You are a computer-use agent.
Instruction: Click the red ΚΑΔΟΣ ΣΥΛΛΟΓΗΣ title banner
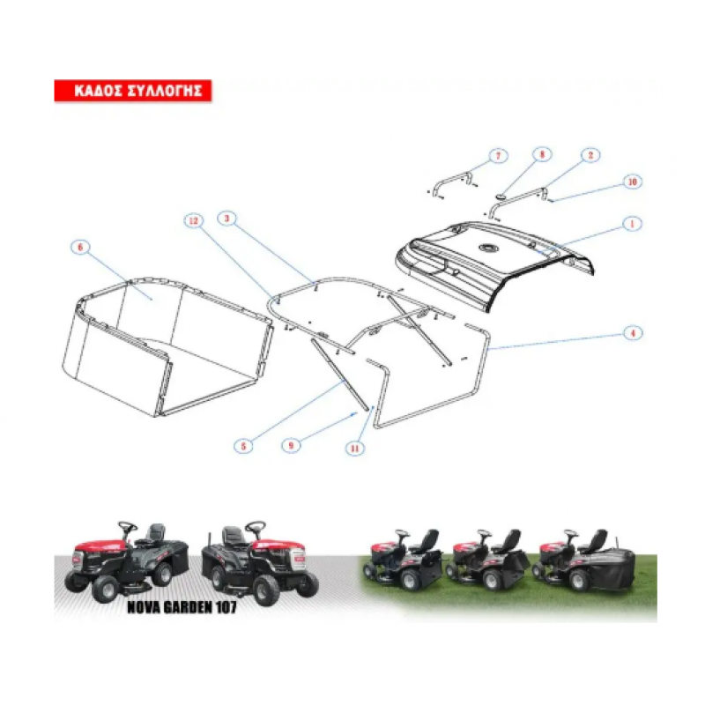[x=133, y=91]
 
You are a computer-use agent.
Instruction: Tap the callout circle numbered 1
[x=632, y=224]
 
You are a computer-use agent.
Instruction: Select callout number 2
[x=590, y=155]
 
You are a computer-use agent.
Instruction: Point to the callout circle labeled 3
[x=226, y=219]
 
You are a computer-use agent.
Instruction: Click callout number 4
[x=633, y=333]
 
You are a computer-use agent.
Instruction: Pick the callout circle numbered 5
[x=243, y=446]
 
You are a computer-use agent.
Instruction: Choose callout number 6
[x=80, y=248]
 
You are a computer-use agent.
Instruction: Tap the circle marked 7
[x=498, y=156]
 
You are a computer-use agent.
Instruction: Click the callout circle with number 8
[x=542, y=155]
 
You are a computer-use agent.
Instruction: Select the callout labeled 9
[x=291, y=446]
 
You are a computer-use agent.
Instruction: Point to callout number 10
[x=632, y=182]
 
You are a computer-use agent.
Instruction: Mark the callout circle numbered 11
[x=355, y=449]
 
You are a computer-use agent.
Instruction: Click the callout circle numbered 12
[x=193, y=221]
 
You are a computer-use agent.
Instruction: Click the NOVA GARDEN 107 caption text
[x=182, y=607]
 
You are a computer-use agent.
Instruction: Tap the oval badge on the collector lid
[x=487, y=248]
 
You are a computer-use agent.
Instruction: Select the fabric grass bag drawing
[x=167, y=346]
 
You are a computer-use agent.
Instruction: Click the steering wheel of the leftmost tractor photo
[x=128, y=526]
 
